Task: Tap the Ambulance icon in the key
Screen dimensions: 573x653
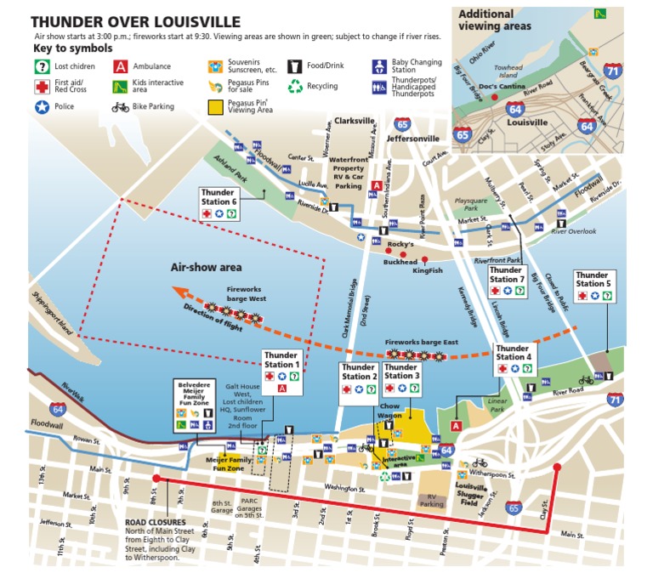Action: coord(122,65)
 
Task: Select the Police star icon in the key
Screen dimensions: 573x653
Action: coord(40,107)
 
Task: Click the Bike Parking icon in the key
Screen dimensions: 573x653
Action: coord(120,107)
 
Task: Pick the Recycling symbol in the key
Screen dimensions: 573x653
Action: coord(295,86)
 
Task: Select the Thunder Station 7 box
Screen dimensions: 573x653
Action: coord(505,281)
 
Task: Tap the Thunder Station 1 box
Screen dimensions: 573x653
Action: coord(281,371)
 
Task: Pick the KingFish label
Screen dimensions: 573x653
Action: coord(427,271)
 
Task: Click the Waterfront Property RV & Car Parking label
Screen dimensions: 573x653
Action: coord(349,173)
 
